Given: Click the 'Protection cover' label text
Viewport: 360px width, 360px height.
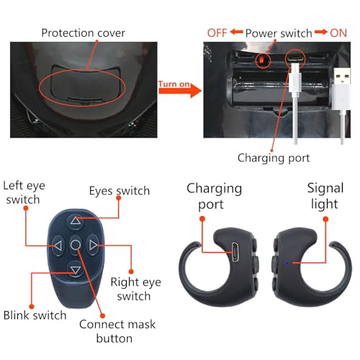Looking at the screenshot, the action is [x=83, y=33].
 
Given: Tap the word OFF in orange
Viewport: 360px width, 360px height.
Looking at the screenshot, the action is [x=217, y=33].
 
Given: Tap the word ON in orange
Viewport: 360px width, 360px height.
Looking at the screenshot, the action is [x=338, y=33].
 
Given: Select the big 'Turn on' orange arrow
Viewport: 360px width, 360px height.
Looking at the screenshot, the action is [x=179, y=89].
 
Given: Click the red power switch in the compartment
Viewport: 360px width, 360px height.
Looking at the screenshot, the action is [x=262, y=60].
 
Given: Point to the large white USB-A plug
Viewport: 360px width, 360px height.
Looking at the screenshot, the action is [x=342, y=89].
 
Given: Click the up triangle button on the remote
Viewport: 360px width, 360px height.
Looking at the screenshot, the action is [x=76, y=221].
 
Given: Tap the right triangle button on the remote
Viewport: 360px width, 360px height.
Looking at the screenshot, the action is [x=93, y=245].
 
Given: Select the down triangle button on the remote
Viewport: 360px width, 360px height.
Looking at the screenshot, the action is [x=76, y=269].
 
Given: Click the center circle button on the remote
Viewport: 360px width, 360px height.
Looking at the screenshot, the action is [x=76, y=245].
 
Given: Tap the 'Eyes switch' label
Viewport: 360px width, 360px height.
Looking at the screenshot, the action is [x=120, y=191].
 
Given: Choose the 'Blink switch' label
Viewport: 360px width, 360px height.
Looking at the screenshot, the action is [x=35, y=315].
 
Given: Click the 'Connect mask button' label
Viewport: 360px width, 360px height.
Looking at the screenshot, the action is [x=117, y=331].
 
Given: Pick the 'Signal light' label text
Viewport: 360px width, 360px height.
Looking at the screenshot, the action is [x=325, y=196].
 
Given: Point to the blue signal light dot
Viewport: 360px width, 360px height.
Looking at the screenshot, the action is [x=287, y=263].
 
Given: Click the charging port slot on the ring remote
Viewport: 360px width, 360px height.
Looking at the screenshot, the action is [x=235, y=252].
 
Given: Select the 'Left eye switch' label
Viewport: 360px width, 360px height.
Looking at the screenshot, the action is [x=24, y=192].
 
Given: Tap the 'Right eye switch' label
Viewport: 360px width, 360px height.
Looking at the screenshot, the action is [x=135, y=289].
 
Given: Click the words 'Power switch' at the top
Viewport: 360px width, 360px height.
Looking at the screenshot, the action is [x=279, y=33].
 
